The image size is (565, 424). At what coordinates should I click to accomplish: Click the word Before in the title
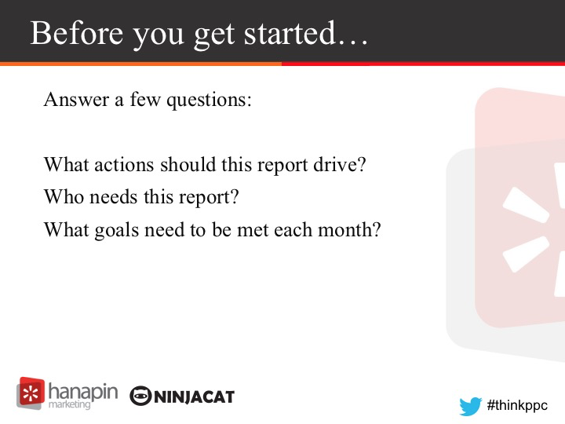pos(77,33)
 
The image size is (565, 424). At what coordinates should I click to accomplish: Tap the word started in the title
pos(290,33)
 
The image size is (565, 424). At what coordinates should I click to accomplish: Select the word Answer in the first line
pos(76,99)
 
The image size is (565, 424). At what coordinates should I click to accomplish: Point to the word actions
pos(124,165)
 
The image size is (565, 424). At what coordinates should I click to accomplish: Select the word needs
pos(114,197)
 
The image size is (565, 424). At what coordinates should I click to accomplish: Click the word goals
pos(116,230)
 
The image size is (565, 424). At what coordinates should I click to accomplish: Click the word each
pos(293,229)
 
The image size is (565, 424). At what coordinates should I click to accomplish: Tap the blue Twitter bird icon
pos(470,407)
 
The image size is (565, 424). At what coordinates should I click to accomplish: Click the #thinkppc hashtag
pos(517,405)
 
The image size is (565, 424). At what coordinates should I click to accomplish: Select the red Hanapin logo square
pos(31,393)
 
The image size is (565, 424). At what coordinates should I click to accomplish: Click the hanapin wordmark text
pos(83,391)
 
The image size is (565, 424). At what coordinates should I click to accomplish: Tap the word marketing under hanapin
pos(69,404)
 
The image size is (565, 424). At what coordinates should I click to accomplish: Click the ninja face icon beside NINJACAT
pos(140,397)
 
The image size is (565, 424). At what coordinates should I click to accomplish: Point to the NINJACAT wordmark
pos(194,397)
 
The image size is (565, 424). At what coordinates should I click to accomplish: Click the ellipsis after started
pos(353,43)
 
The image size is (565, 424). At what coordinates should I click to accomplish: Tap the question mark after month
pos(377,229)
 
